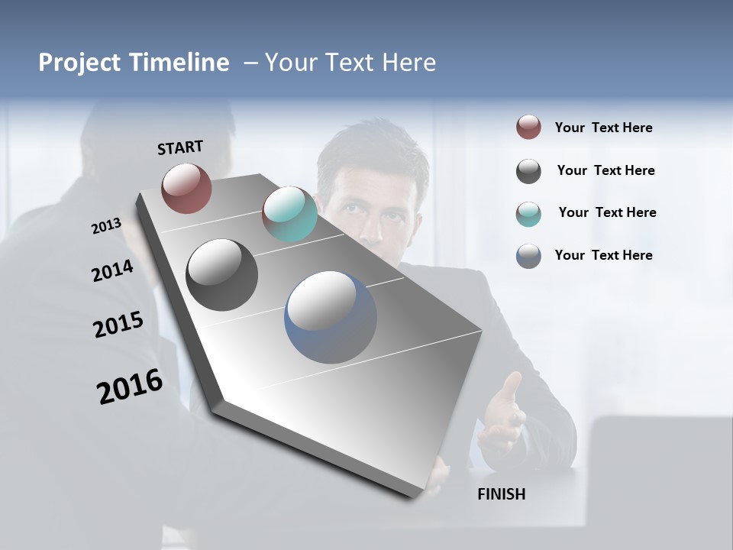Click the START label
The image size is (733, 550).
180,147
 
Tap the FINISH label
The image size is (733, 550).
502,494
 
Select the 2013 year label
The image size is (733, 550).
106,226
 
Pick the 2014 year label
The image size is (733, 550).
112,271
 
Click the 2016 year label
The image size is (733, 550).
130,387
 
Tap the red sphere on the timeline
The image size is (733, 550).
186,188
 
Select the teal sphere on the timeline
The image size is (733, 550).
289,214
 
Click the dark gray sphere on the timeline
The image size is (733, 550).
221,275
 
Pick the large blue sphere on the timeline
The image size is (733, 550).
331,317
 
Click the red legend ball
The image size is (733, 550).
528,128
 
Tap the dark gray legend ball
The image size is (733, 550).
528,171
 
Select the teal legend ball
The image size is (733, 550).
528,214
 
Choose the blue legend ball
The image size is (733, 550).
528,256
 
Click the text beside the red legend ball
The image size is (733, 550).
603,128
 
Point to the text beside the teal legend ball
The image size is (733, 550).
607,212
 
